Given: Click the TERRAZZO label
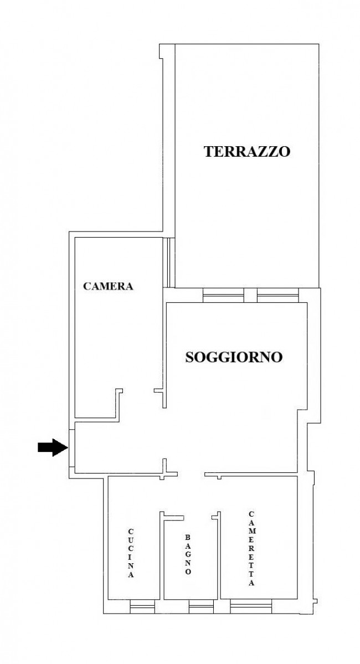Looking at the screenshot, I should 247,151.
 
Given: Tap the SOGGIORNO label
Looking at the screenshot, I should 234,357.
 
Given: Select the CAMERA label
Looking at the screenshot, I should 109,286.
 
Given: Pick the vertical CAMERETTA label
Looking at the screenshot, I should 251,549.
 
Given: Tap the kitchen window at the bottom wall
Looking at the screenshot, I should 141,608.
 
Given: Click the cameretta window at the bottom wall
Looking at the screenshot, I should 251,608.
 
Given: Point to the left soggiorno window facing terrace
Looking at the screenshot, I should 223,296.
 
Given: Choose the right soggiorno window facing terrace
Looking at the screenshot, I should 278,296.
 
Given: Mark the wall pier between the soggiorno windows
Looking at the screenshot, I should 250,295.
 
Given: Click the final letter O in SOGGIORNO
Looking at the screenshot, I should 277,358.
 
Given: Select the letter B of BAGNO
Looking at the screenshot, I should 188,537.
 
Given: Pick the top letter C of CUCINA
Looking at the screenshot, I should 131,532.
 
